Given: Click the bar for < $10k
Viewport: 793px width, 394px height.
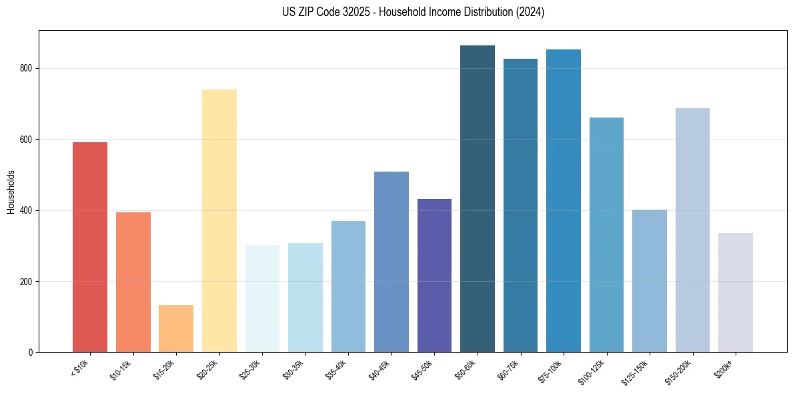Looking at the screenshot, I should [90, 247].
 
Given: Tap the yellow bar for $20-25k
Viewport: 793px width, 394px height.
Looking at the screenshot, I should [219, 220].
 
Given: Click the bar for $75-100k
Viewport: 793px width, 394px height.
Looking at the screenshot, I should [564, 200].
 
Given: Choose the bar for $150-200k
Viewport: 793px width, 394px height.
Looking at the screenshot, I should [692, 230].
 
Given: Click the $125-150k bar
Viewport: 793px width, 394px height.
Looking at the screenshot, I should [650, 280].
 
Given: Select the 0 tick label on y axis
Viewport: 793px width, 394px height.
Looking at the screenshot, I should [31, 352].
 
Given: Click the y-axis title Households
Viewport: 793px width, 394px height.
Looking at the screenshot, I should [11, 191].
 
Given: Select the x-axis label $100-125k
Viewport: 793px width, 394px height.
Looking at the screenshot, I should [594, 371].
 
